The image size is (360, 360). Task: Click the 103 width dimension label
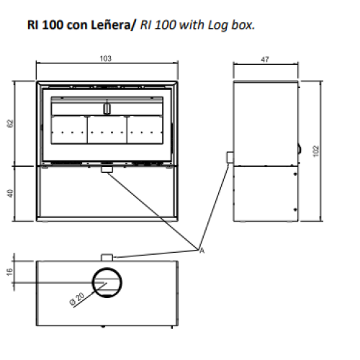point(106,58)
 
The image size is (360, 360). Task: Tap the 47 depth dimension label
point(265,59)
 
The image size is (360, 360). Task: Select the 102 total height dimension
point(316,151)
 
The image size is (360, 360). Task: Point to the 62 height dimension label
point(10,123)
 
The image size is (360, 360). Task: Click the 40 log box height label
point(10,194)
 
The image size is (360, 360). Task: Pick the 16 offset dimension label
point(9,272)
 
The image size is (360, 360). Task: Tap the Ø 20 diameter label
point(77,299)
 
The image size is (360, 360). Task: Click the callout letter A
point(202,251)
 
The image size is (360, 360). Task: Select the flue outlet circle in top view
point(107,268)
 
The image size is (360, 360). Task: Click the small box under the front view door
point(107,169)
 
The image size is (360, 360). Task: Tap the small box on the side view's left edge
point(230,158)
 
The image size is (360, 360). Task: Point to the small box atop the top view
point(107,258)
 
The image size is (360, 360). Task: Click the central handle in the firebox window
point(107,109)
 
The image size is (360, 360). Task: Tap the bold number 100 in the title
point(53,25)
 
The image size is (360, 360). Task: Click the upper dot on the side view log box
point(295,174)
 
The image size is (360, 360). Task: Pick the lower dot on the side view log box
point(295,210)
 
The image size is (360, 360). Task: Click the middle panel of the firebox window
point(107,130)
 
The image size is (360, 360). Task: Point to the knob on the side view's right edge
point(300,150)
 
